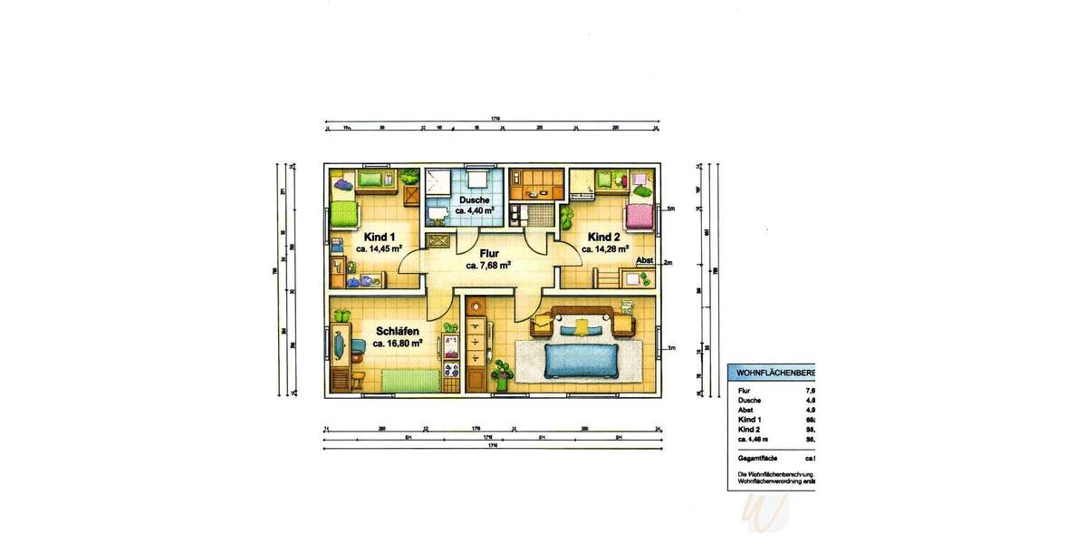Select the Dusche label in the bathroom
pos(474,199)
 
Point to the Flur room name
pos(488,254)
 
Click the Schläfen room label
pos(397,332)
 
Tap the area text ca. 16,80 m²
pos(398,345)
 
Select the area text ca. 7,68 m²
pos(488,266)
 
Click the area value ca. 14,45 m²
pos(380,248)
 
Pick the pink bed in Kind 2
pos(639,217)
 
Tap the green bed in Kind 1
pos(345,214)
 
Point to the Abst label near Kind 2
pos(645,261)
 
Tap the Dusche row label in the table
pos(749,400)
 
